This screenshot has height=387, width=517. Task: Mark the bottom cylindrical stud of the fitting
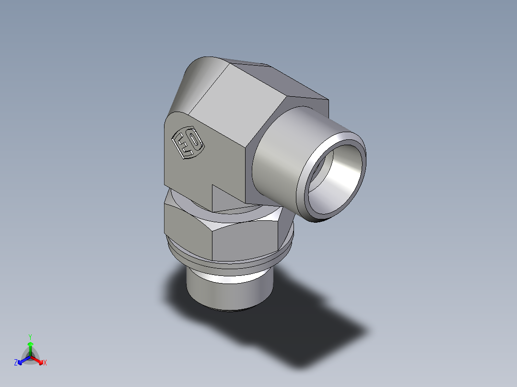point(228,290)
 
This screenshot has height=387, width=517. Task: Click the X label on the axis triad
point(45,363)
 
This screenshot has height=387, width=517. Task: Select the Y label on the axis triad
point(30,336)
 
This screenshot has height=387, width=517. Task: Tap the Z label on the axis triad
point(16,363)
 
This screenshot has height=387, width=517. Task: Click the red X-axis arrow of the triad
point(38,360)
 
